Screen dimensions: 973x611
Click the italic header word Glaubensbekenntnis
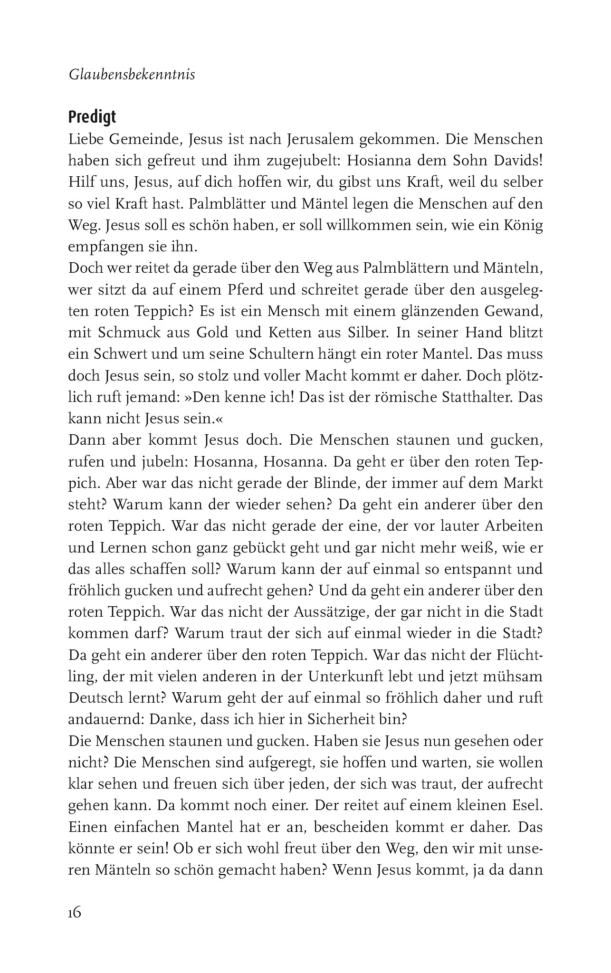(x=132, y=75)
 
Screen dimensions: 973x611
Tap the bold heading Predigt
(x=92, y=117)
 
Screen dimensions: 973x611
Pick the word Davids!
(x=515, y=161)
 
